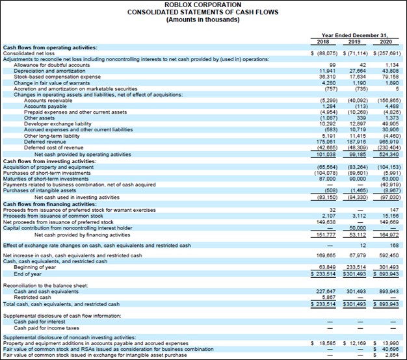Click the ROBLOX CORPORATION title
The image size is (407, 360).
pos(203,5)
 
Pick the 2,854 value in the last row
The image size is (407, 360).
pos(391,354)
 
